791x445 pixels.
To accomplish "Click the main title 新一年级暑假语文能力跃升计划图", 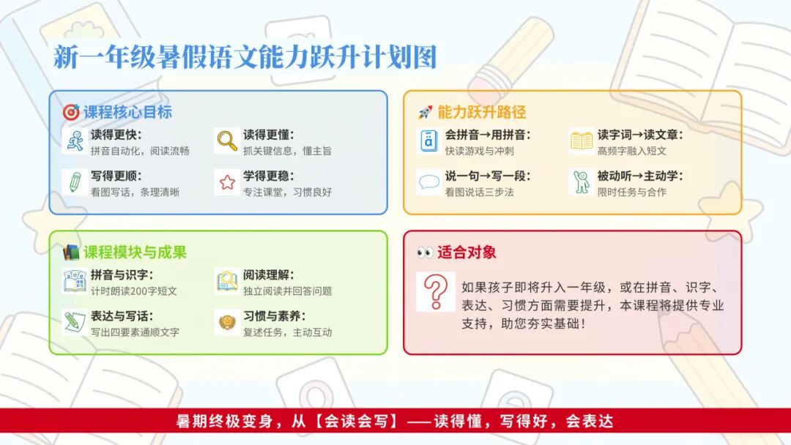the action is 245,56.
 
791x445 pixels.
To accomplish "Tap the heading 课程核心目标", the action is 127,112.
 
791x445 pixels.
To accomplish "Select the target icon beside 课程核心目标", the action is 70,112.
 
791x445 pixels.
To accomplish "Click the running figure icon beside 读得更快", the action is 75,141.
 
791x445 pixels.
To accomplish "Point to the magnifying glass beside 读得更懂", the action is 227,141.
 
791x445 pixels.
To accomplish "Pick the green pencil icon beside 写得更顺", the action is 75,182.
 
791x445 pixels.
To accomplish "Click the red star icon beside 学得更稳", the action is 227,182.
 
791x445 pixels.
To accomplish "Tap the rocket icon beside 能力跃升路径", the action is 425,113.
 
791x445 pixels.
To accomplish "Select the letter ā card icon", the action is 428,141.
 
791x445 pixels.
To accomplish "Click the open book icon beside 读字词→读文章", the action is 581,141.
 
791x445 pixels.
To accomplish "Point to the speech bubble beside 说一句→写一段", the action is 428,182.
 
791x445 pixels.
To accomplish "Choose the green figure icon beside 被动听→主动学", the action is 581,182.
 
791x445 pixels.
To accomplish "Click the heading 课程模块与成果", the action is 135,252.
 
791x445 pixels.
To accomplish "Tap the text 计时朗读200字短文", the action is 134,291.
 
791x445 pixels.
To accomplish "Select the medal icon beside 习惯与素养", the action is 227,322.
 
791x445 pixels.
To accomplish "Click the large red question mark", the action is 436,292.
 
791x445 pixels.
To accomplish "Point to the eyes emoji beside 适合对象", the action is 425,252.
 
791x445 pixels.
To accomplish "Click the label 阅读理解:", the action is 268,274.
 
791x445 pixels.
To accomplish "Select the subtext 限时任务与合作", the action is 631,192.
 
